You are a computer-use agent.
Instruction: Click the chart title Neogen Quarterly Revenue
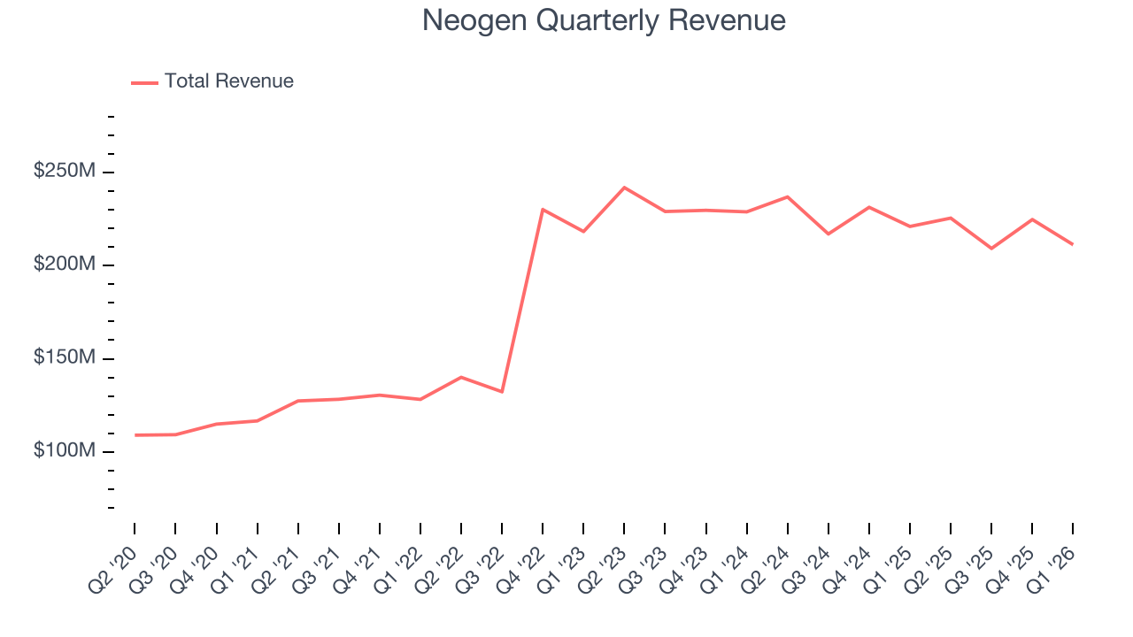point(604,20)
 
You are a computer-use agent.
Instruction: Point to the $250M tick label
point(64,172)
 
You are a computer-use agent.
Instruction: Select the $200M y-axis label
point(64,265)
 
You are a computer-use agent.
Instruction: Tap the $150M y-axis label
point(64,358)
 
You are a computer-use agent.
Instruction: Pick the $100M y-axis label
point(64,451)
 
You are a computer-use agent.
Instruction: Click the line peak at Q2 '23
point(624,188)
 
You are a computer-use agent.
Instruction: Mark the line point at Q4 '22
point(543,210)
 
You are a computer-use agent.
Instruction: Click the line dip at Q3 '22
point(502,391)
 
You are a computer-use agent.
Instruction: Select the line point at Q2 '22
point(461,377)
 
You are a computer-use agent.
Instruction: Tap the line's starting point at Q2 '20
point(135,435)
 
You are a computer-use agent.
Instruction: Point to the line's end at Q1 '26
point(1073,244)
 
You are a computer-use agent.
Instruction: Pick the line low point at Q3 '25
point(991,249)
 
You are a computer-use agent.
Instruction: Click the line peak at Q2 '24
point(787,196)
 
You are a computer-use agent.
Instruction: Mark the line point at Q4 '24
point(869,207)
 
